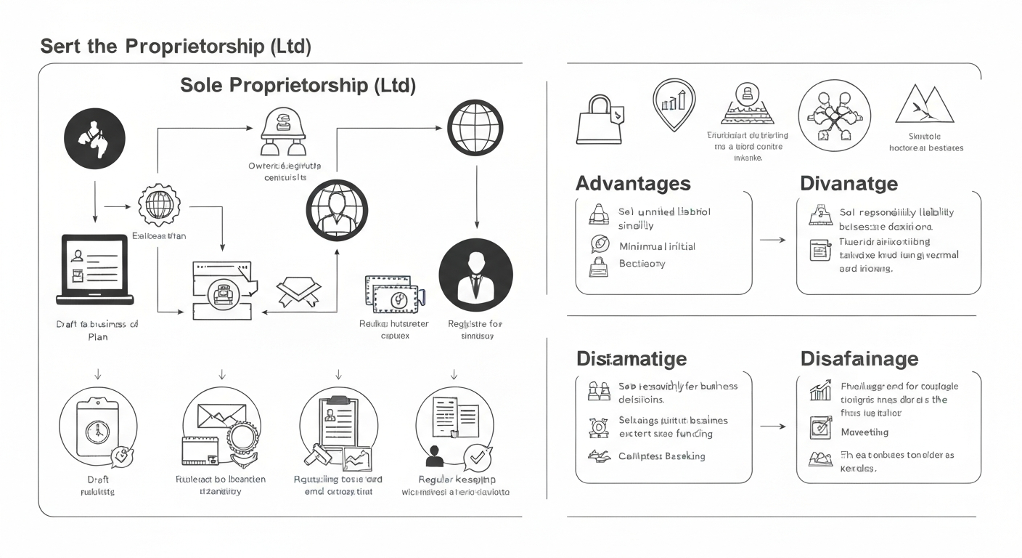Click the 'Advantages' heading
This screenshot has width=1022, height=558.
coord(633,183)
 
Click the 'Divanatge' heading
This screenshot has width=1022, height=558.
coord(849,183)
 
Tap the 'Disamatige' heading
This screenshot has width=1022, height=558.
coord(631,358)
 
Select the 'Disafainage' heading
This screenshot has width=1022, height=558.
coord(859,358)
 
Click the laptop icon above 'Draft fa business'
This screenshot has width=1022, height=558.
coord(95,269)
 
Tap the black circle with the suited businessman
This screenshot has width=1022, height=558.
coord(476,277)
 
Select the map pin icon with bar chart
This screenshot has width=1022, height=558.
coord(674,104)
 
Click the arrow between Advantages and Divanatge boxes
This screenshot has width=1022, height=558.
coord(772,239)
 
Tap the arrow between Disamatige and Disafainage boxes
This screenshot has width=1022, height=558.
coord(772,426)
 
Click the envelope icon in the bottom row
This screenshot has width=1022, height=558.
coord(222,416)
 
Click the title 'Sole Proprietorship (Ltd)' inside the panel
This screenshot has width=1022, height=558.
coord(298,85)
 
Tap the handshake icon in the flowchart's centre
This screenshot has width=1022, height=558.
coord(299,291)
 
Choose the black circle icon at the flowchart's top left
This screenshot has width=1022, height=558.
coord(94,138)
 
